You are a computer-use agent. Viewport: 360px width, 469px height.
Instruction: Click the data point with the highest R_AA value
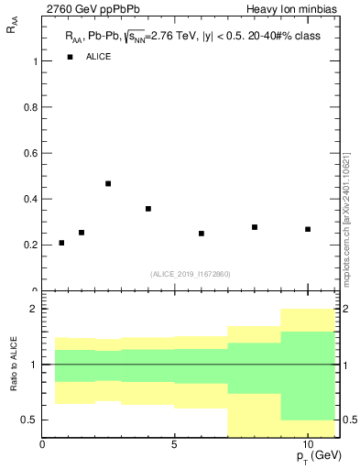[108, 183]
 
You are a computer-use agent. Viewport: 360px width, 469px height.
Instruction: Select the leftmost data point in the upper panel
[61, 243]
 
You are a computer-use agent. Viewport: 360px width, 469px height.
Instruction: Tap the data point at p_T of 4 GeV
[148, 209]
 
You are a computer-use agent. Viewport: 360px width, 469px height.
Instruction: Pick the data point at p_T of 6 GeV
[202, 234]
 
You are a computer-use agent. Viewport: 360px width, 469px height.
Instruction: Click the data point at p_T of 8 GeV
[255, 227]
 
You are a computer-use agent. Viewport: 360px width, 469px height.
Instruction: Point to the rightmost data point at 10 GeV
[308, 229]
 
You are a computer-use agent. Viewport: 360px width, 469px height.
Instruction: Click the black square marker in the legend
[70, 57]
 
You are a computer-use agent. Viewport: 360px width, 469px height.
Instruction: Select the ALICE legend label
[98, 57]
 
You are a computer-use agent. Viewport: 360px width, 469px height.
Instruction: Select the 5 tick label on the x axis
[175, 445]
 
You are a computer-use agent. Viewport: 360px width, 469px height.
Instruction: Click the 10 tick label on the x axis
[308, 445]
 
